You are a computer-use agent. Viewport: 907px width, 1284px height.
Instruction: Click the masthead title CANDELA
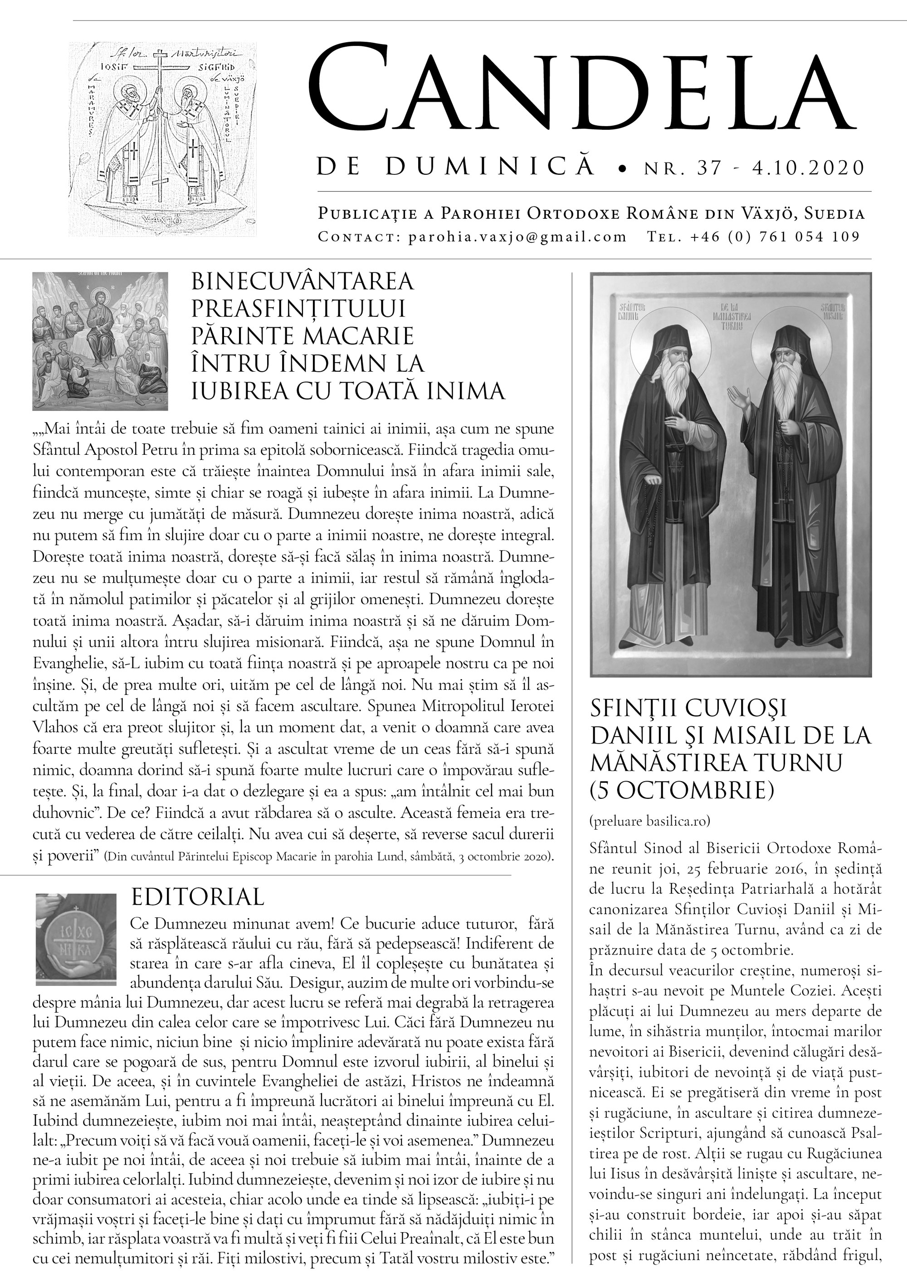[x=581, y=89]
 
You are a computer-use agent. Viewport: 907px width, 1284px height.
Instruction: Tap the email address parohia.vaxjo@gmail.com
[x=517, y=236]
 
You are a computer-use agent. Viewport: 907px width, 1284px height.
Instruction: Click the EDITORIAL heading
[x=197, y=896]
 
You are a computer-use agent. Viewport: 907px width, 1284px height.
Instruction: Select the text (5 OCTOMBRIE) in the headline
[x=682, y=790]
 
